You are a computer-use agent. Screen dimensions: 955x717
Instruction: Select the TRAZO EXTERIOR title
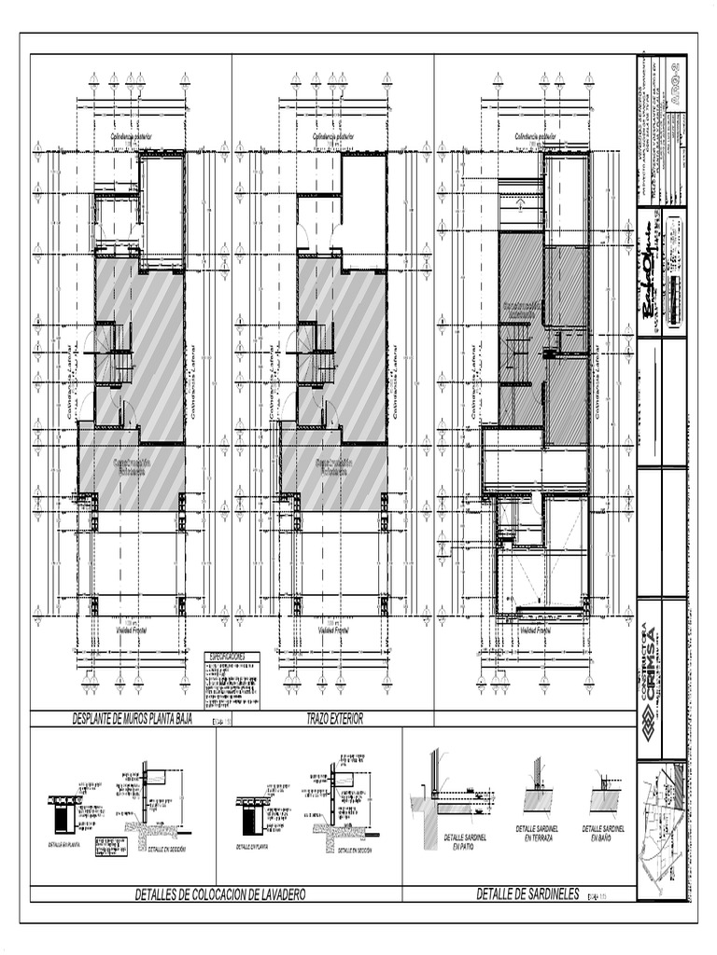(x=333, y=719)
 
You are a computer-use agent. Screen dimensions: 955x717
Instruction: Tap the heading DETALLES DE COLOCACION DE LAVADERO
(x=220, y=894)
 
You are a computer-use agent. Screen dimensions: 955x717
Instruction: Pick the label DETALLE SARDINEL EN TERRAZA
(x=539, y=833)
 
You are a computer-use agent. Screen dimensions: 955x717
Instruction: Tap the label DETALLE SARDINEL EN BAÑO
(x=602, y=833)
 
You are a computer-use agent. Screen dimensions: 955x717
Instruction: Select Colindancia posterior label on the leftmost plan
(x=132, y=137)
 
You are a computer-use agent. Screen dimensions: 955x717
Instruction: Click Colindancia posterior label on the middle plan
(x=333, y=137)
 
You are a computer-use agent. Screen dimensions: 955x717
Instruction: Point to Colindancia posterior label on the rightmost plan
(x=535, y=137)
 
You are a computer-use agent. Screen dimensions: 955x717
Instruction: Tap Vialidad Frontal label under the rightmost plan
(x=535, y=630)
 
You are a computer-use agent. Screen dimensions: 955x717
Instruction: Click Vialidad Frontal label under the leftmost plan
(x=132, y=630)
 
